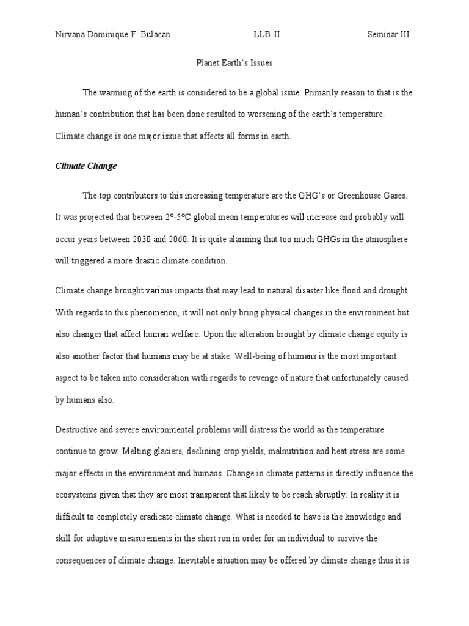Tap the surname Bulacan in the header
155,35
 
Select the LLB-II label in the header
267,35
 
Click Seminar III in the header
388,35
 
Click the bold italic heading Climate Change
86,166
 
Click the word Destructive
75,430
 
